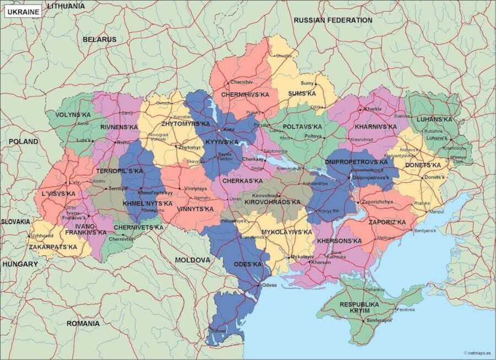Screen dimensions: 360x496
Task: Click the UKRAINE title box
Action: pos(23,12)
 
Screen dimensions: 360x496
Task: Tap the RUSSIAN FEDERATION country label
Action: pos(333,20)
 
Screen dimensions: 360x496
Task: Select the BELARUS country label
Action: pos(99,40)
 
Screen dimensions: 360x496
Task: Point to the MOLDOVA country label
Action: pos(192,260)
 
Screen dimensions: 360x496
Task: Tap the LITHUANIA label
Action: pos(66,6)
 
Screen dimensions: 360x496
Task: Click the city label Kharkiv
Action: pos(373,109)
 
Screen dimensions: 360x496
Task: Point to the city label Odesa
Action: pos(269,285)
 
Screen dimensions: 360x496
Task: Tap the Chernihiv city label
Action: pos(241,82)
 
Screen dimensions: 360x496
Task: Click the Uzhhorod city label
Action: pos(41,236)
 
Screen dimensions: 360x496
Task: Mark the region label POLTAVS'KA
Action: pos(303,127)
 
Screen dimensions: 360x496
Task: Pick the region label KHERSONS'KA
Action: pos(339,241)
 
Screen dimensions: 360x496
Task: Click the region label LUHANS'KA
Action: pos(434,119)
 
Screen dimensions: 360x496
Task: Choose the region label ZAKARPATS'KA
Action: pos(53,247)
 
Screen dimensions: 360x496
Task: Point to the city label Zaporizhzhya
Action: pos(378,202)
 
